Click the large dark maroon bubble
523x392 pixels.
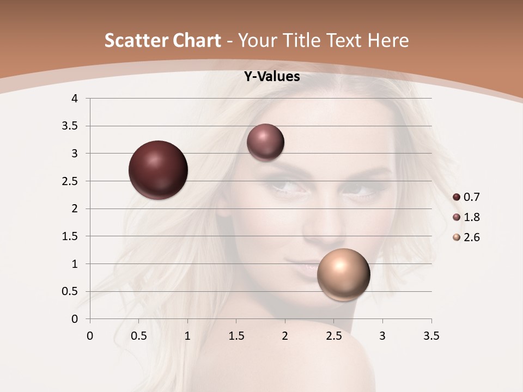pyautogui.click(x=158, y=170)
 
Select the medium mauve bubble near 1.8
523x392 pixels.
pyautogui.click(x=265, y=143)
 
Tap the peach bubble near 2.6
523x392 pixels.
pyautogui.click(x=343, y=274)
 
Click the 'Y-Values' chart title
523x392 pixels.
pyautogui.click(x=271, y=77)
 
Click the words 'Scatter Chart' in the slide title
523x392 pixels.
pyautogui.click(x=162, y=40)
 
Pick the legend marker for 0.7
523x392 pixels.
pyautogui.click(x=457, y=197)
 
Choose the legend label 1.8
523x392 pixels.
pyautogui.click(x=471, y=217)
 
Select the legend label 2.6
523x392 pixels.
pyautogui.click(x=471, y=237)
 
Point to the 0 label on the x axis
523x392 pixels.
pyautogui.click(x=90, y=336)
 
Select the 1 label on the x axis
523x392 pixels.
pyautogui.click(x=187, y=336)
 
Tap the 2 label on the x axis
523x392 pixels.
pyautogui.click(x=285, y=336)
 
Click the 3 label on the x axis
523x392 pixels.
pyautogui.click(x=382, y=336)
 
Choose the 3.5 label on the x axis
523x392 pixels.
pyautogui.click(x=431, y=336)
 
